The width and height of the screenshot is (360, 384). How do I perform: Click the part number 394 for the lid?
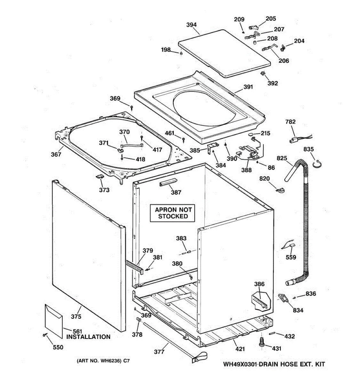coord(191,25)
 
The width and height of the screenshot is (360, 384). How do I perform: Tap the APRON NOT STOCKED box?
coord(173,213)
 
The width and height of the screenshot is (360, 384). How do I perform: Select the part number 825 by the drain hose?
coord(282,158)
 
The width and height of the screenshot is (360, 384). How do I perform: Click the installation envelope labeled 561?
coord(54,321)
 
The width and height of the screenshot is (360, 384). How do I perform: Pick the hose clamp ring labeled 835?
coord(317,164)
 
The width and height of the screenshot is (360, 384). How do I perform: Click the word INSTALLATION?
coord(88,337)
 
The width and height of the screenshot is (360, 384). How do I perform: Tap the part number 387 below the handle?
coord(176,192)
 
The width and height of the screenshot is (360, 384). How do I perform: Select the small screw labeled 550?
coord(44,335)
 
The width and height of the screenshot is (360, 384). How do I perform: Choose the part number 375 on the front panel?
coord(76,317)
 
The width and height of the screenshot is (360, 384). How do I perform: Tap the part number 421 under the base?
coord(240,349)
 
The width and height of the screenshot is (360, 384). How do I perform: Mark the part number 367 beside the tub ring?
coord(56,155)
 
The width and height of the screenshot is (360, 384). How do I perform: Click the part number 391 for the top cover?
coord(248,87)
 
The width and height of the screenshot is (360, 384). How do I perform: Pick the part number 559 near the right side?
coord(291,257)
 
